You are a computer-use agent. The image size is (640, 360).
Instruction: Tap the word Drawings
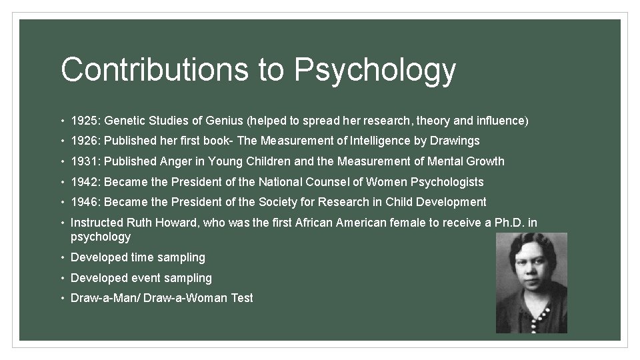tap(455, 141)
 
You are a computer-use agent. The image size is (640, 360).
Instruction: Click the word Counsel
tap(337, 182)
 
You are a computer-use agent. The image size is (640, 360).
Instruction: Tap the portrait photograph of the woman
tap(531, 283)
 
